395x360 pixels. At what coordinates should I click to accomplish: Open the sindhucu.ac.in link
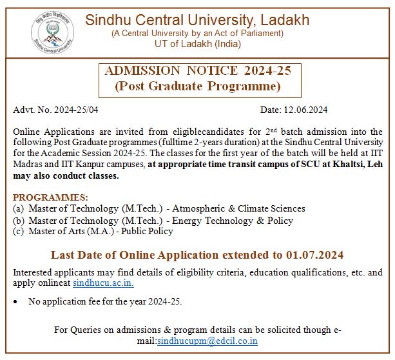point(104,283)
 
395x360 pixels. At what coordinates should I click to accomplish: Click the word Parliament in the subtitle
point(260,33)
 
